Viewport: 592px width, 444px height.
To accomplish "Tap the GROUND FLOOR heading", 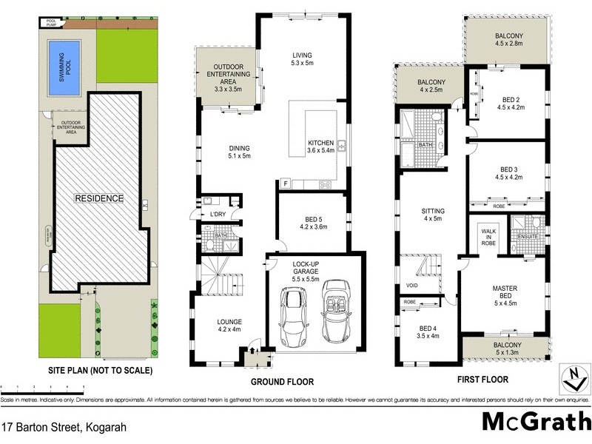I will pos(282,382).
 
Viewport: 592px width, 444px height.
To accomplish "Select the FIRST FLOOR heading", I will pos(482,380).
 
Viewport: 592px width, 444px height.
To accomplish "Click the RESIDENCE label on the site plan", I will pos(98,198).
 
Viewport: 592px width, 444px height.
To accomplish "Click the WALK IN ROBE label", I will pos(489,237).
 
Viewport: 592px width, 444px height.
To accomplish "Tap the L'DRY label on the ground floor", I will pos(218,215).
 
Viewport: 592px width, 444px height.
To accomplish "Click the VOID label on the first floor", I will pos(411,285).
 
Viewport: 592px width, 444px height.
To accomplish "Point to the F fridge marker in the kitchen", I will pos(286,183).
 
